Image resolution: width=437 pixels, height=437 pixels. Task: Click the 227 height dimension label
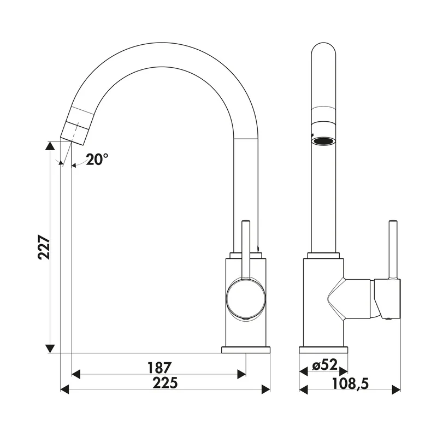[x=44, y=247]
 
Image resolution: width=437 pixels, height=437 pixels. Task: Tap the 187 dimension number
[x=158, y=368]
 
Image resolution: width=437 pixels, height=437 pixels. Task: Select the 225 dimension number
[x=165, y=383]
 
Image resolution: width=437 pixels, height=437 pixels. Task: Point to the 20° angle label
[x=97, y=160]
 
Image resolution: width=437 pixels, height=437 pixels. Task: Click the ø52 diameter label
[x=324, y=365]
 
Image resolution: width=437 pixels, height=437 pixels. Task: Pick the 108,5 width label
[x=350, y=384]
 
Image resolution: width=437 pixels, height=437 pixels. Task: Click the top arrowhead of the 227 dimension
[x=50, y=145]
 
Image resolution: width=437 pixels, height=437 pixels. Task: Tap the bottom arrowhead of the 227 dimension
[x=50, y=349]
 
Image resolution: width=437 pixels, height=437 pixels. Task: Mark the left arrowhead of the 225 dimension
[x=64, y=389]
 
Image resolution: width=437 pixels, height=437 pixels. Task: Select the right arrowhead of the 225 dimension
[x=266, y=389]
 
